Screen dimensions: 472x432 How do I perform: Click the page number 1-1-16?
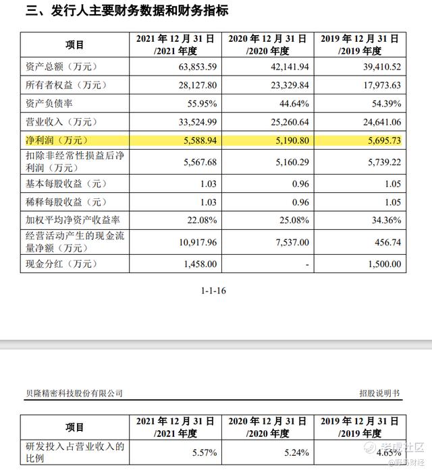point(215,291)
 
